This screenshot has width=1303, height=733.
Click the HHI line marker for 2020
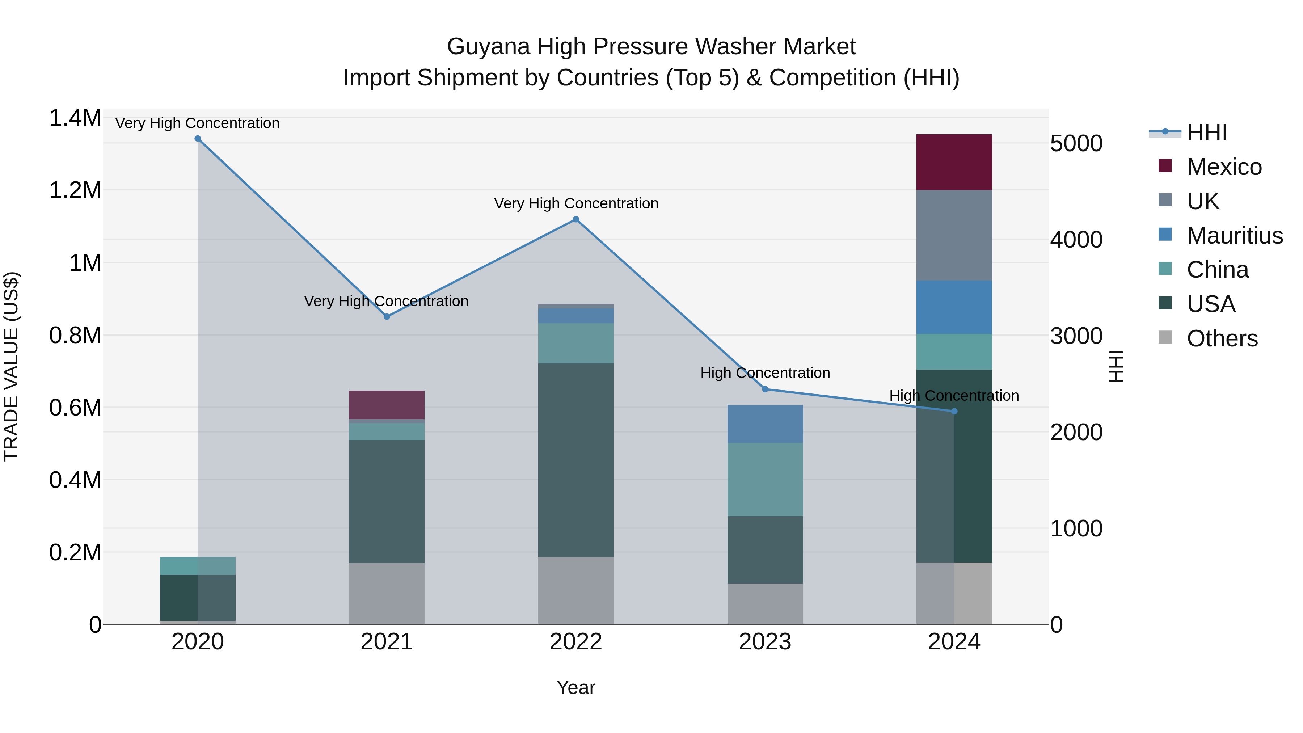click(x=198, y=139)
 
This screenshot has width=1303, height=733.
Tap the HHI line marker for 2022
click(x=575, y=220)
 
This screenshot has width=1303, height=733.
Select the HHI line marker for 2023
click(x=765, y=389)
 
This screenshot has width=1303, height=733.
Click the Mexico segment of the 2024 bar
click(x=954, y=163)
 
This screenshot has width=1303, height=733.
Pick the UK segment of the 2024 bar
click(x=954, y=235)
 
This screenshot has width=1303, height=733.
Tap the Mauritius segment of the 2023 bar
click(x=765, y=424)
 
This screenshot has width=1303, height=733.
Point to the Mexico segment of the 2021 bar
click(x=387, y=405)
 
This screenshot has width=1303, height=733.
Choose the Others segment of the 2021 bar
click(x=387, y=593)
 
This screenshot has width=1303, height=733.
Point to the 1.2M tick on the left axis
click(x=75, y=191)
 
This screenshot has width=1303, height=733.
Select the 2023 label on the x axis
click(x=765, y=642)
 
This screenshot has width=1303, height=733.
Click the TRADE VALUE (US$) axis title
click(x=12, y=366)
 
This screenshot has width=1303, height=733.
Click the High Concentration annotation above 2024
click(x=954, y=396)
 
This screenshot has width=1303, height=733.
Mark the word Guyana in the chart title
click(x=489, y=47)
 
